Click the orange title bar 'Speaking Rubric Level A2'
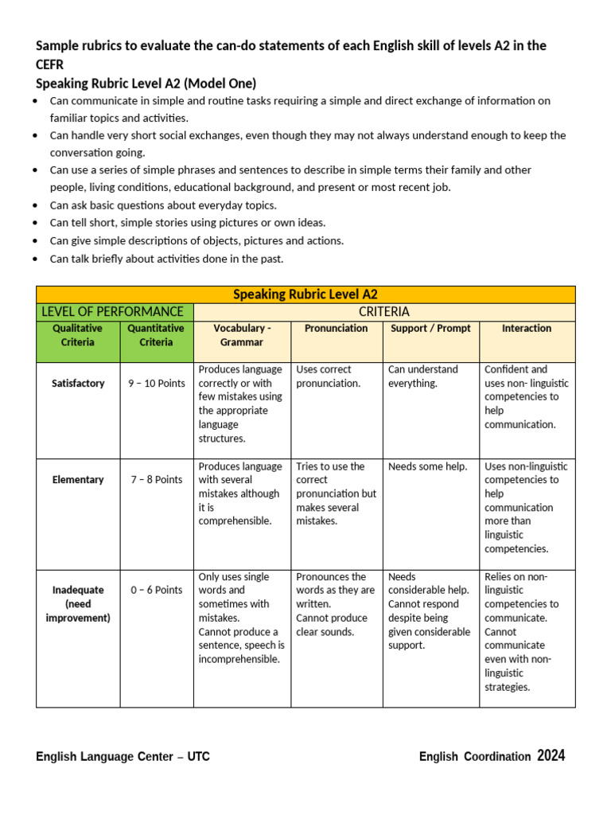point(305,294)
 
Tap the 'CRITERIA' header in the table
point(384,311)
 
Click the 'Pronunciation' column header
point(336,328)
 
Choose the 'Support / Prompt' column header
point(430,328)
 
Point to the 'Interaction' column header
point(526,328)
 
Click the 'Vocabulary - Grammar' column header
point(242,335)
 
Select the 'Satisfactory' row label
point(78,383)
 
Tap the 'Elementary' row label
point(78,480)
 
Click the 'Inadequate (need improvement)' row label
point(78,603)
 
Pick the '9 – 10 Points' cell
point(157,383)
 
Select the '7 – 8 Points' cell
point(157,480)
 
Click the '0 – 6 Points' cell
point(157,590)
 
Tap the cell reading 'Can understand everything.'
point(423,376)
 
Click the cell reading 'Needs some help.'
point(427,466)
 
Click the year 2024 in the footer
point(551,756)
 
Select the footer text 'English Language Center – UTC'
point(123,757)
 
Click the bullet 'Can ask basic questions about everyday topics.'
point(163,205)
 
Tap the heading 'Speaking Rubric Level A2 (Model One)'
point(146,84)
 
